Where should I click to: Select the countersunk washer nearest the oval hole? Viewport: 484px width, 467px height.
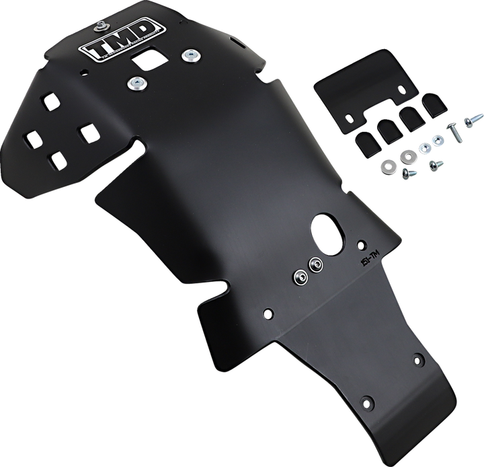[x=315, y=263]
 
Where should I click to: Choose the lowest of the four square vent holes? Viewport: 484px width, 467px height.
[x=58, y=159]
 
